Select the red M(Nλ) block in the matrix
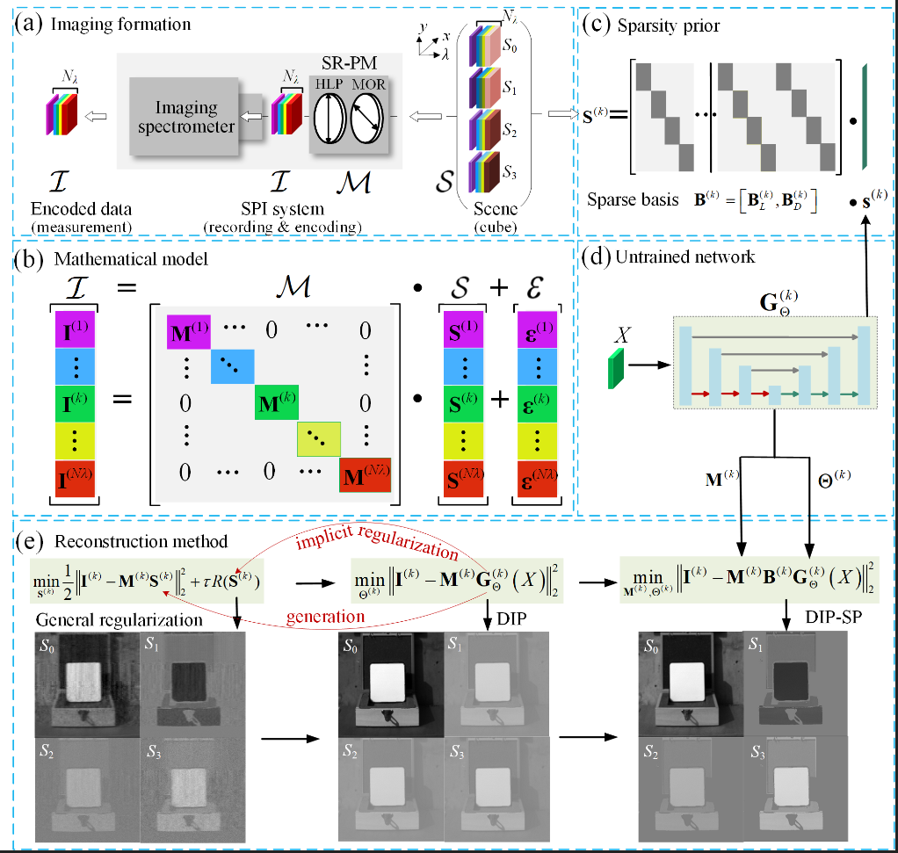tap(364, 479)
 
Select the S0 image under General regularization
tap(86, 685)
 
